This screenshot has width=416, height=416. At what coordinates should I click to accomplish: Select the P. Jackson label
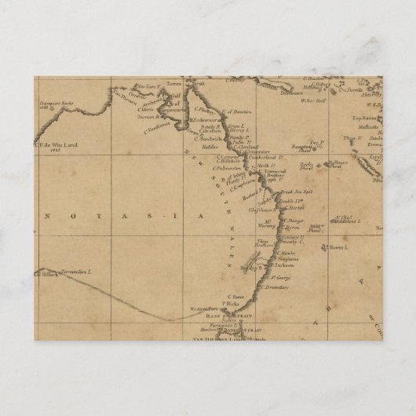point(285,266)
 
